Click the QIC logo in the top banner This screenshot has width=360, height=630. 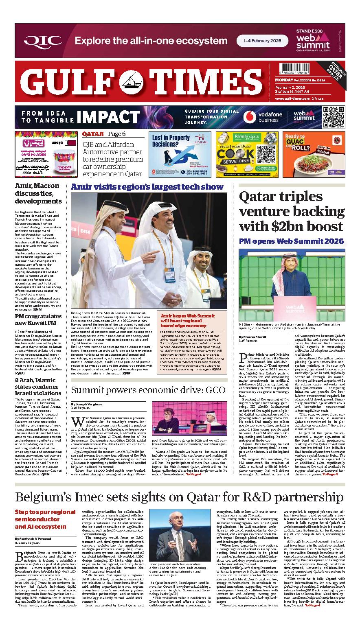(x=43, y=41)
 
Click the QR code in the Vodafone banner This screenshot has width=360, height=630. (x=333, y=117)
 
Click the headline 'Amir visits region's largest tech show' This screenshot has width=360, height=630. (x=147, y=187)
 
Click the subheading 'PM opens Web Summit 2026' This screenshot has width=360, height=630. (x=291, y=241)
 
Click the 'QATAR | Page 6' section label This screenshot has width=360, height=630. (x=104, y=134)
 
